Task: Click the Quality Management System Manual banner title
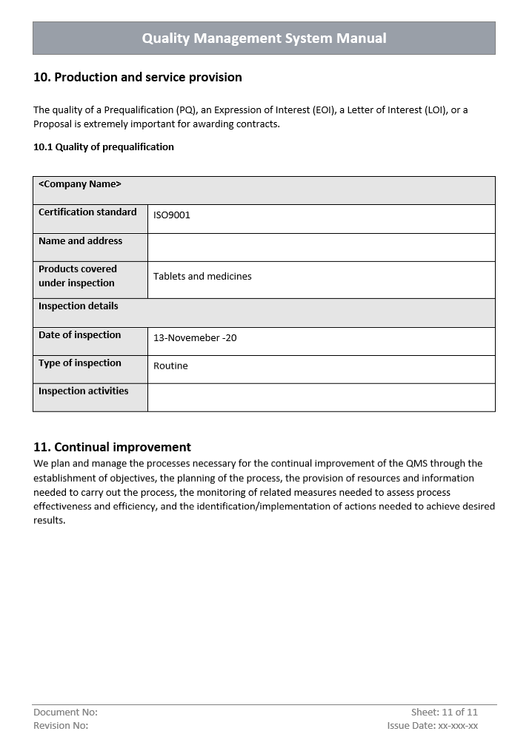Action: tap(264, 38)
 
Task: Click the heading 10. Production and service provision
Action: tap(138, 77)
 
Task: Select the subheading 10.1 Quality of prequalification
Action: tap(104, 147)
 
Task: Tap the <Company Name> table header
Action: tap(80, 184)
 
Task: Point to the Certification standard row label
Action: tap(87, 212)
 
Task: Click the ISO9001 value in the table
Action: tap(172, 215)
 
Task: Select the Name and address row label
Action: tap(80, 241)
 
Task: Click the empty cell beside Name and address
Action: tap(321, 247)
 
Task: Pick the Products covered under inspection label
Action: tap(78, 276)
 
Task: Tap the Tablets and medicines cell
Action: tap(202, 276)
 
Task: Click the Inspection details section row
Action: tap(79, 306)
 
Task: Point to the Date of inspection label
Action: tap(79, 335)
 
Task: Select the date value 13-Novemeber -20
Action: tap(195, 338)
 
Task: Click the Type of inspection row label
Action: tap(79, 363)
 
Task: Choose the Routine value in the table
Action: tap(170, 366)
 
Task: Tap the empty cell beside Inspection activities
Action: tap(321, 397)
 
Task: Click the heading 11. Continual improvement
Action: tap(112, 447)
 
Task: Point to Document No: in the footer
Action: tap(65, 712)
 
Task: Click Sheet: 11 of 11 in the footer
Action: tap(445, 712)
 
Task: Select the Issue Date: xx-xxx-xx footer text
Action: tap(432, 726)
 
